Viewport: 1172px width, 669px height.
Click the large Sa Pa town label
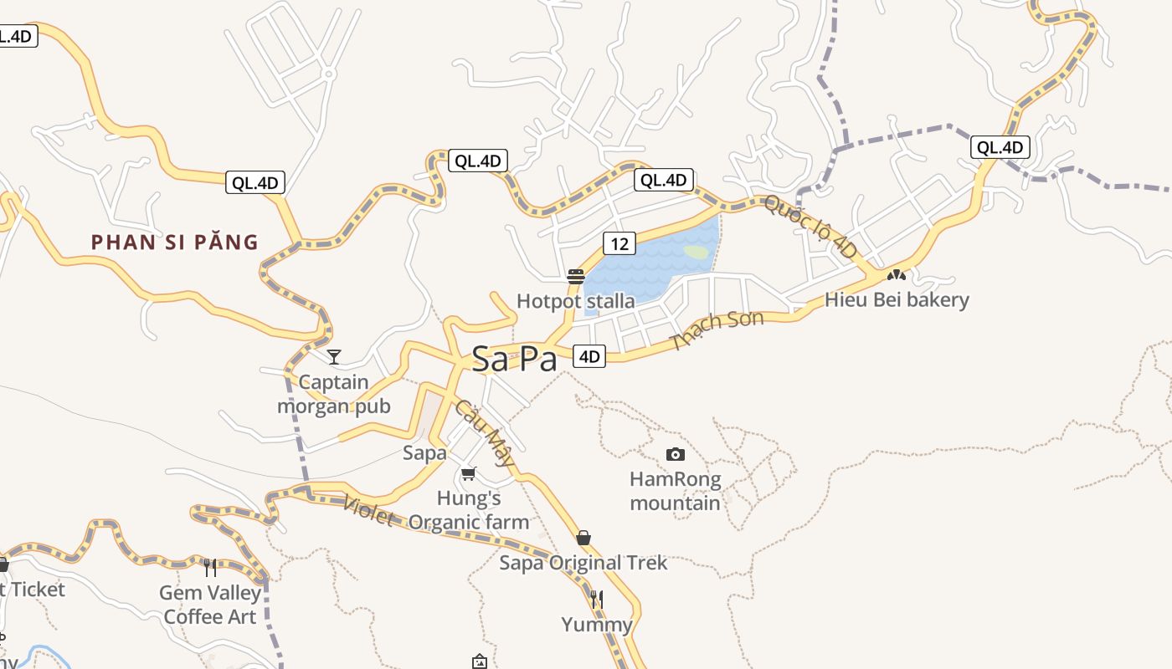pos(514,359)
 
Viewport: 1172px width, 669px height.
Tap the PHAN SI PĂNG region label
pos(174,243)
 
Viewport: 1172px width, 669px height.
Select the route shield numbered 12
pos(619,243)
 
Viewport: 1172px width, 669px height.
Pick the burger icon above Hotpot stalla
pos(575,277)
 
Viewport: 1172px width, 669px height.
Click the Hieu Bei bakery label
pos(897,299)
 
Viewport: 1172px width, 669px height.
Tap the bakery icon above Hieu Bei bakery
pos(897,273)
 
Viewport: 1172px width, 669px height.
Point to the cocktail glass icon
pos(334,357)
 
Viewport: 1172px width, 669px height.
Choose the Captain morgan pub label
pos(334,394)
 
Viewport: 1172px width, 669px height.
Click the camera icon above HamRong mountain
pos(676,454)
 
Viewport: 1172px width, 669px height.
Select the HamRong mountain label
pos(675,491)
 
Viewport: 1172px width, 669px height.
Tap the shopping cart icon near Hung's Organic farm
pos(469,473)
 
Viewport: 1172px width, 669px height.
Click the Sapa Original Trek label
pos(583,563)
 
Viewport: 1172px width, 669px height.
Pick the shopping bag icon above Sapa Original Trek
pos(583,537)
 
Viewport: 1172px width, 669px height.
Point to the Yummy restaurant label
pos(597,624)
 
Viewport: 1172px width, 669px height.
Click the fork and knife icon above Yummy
pos(597,599)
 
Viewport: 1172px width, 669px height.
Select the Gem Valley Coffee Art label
pos(211,605)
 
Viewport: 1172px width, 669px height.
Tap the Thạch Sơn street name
pos(717,330)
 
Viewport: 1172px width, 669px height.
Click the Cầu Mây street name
pos(485,432)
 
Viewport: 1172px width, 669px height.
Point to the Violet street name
pos(368,510)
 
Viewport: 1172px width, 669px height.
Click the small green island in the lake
pos(697,251)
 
